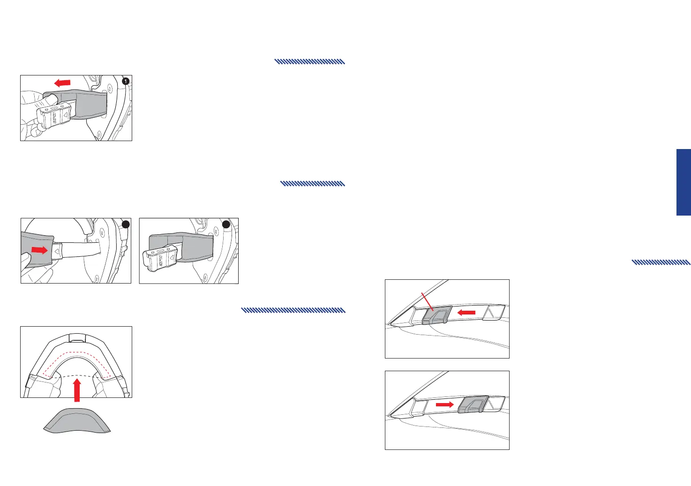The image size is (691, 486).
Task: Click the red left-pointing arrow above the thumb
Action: click(62, 83)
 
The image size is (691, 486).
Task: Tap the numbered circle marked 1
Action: click(125, 81)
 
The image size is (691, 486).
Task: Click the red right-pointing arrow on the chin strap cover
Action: click(39, 250)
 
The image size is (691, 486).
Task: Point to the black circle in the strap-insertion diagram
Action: click(125, 224)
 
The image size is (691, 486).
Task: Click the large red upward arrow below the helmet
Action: click(78, 391)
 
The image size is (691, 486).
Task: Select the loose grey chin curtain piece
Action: click(77, 420)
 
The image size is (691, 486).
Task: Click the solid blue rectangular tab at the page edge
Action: click(683, 182)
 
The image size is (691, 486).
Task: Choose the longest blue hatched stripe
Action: click(293, 310)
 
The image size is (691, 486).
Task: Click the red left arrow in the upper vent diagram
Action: click(466, 312)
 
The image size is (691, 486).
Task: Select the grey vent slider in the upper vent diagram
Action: click(436, 315)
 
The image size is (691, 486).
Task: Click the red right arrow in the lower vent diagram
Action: click(445, 404)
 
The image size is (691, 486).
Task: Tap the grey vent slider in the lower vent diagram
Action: click(473, 404)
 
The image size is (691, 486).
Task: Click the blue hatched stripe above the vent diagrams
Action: click(661, 262)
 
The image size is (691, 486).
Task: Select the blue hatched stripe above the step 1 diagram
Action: click(309, 61)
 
